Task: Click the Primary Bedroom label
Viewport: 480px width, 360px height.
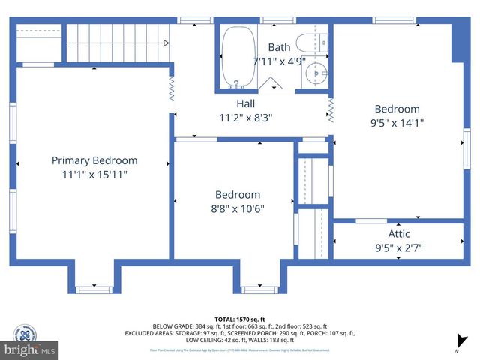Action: coord(94,160)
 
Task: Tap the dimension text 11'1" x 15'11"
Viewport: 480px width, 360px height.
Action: coord(94,174)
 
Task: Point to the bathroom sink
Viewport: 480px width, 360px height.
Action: coord(313,75)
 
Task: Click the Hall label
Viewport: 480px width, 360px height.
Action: coord(245,103)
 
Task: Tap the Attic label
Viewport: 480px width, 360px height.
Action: coord(398,233)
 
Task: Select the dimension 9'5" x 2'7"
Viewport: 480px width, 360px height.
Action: coord(398,247)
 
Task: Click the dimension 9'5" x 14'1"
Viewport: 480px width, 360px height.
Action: coord(397,123)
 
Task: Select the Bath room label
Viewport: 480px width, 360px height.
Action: coord(278,47)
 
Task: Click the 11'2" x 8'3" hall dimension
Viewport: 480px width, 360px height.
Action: coord(245,118)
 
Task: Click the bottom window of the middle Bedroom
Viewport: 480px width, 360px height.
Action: coord(259,289)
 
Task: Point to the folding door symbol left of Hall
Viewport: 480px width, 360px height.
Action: coord(171,91)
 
